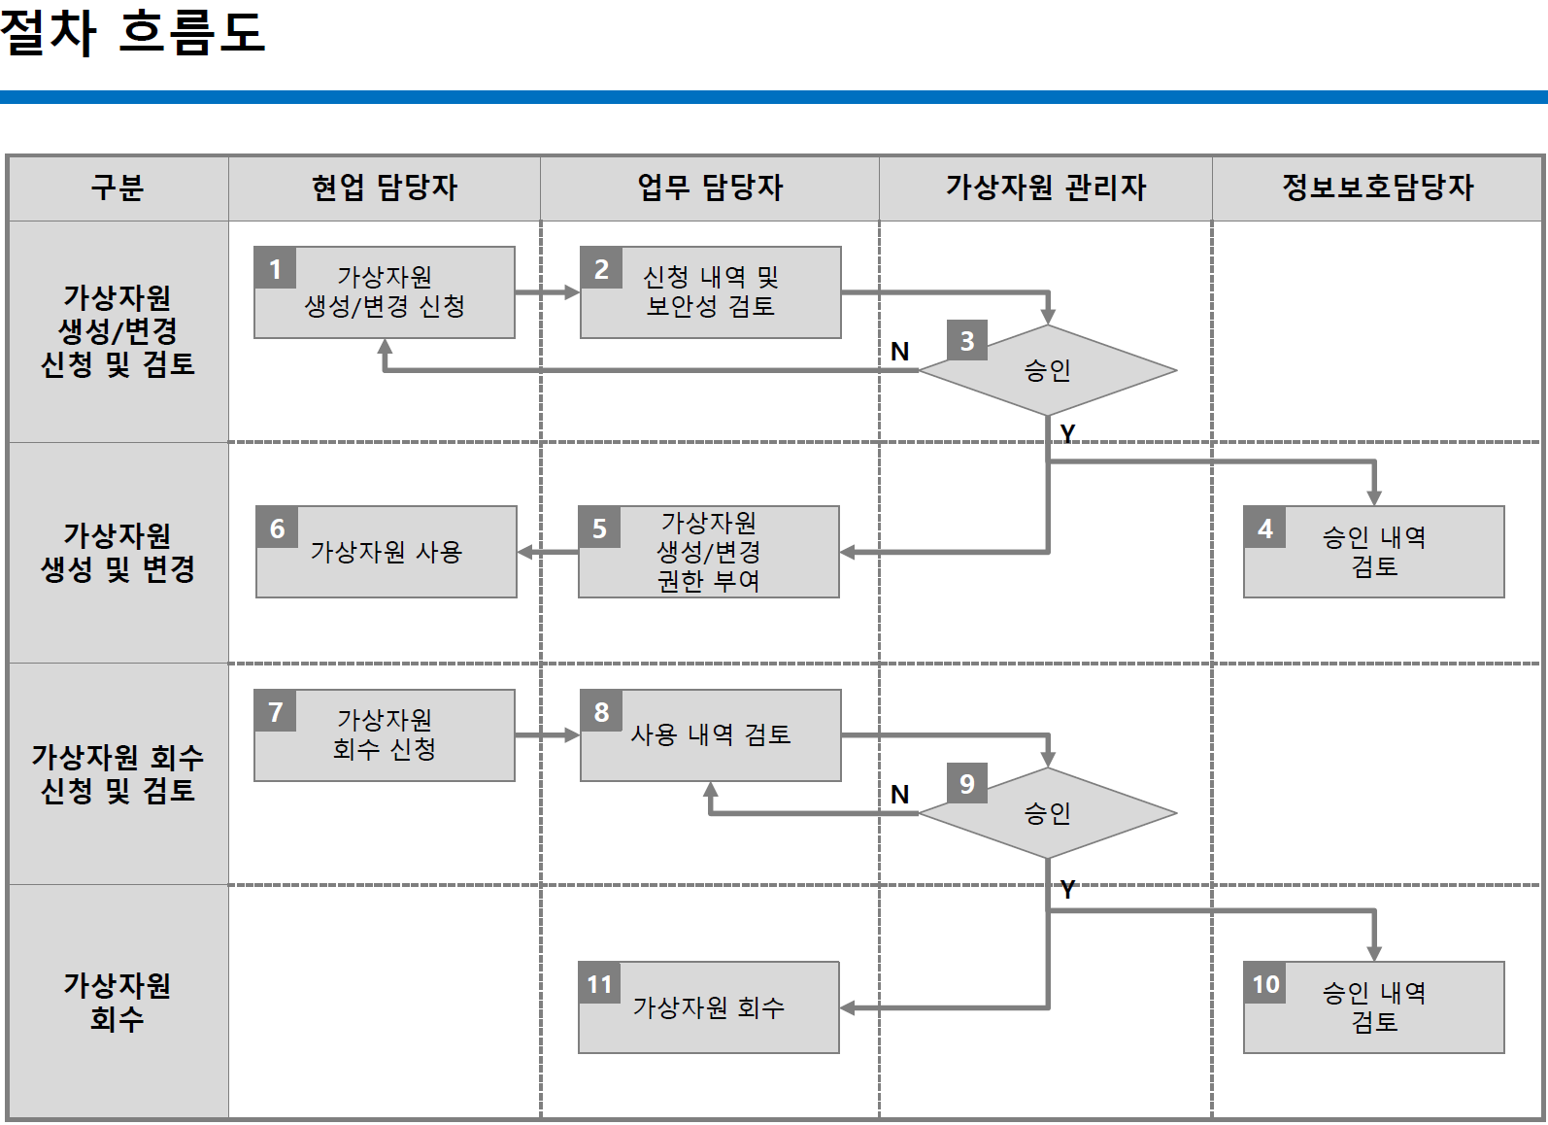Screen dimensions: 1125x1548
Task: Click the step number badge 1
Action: pos(275,268)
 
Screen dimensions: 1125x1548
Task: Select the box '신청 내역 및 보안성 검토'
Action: pos(710,292)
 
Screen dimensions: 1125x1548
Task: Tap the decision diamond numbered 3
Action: pos(1047,370)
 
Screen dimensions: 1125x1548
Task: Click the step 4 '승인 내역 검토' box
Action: pos(1373,552)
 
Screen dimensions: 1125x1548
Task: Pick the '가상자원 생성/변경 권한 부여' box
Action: pos(708,552)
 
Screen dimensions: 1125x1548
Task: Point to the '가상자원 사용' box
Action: pos(386,552)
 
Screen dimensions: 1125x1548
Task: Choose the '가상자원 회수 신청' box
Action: pos(384,735)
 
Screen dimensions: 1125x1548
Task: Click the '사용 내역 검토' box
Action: pos(710,735)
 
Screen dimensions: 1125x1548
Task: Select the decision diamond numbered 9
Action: pos(1047,813)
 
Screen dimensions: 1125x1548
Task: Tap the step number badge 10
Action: pos(1264,984)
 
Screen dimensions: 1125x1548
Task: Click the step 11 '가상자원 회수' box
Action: pos(708,1007)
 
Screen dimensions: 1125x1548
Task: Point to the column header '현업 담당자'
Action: pos(384,187)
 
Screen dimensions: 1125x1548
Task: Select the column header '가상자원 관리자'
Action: pos(1045,187)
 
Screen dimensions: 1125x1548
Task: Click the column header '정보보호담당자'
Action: pos(1376,187)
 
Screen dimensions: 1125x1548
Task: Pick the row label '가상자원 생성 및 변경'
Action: pos(118,552)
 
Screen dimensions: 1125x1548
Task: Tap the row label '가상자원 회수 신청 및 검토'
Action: pos(118,773)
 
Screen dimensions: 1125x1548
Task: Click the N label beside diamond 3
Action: pos(899,352)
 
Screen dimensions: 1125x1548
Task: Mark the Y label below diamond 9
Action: pos(1067,889)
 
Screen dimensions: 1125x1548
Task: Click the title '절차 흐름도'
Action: pos(132,31)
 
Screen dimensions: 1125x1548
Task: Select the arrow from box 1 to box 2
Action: pos(547,291)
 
